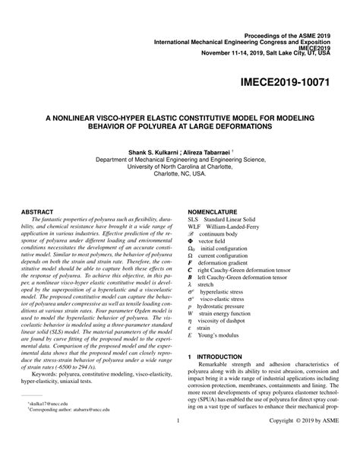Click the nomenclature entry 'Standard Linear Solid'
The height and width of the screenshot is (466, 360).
236,218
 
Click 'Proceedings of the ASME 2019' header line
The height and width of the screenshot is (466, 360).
286,14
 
